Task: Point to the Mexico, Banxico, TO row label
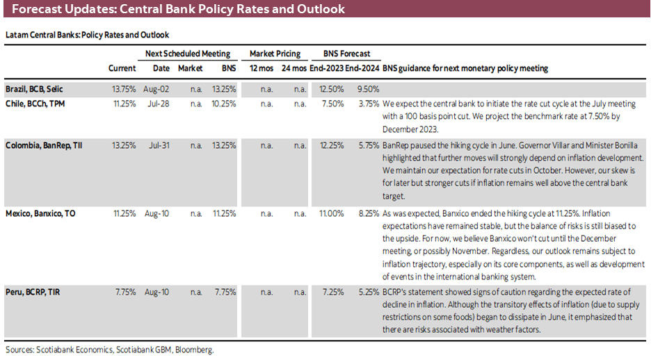point(41,213)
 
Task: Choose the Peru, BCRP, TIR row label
point(33,292)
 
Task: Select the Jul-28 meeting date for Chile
point(159,104)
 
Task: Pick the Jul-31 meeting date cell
point(159,145)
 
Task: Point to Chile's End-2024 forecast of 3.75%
point(369,104)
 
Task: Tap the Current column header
point(122,68)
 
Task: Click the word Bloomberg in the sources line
point(194,350)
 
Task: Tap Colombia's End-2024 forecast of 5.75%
point(369,145)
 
